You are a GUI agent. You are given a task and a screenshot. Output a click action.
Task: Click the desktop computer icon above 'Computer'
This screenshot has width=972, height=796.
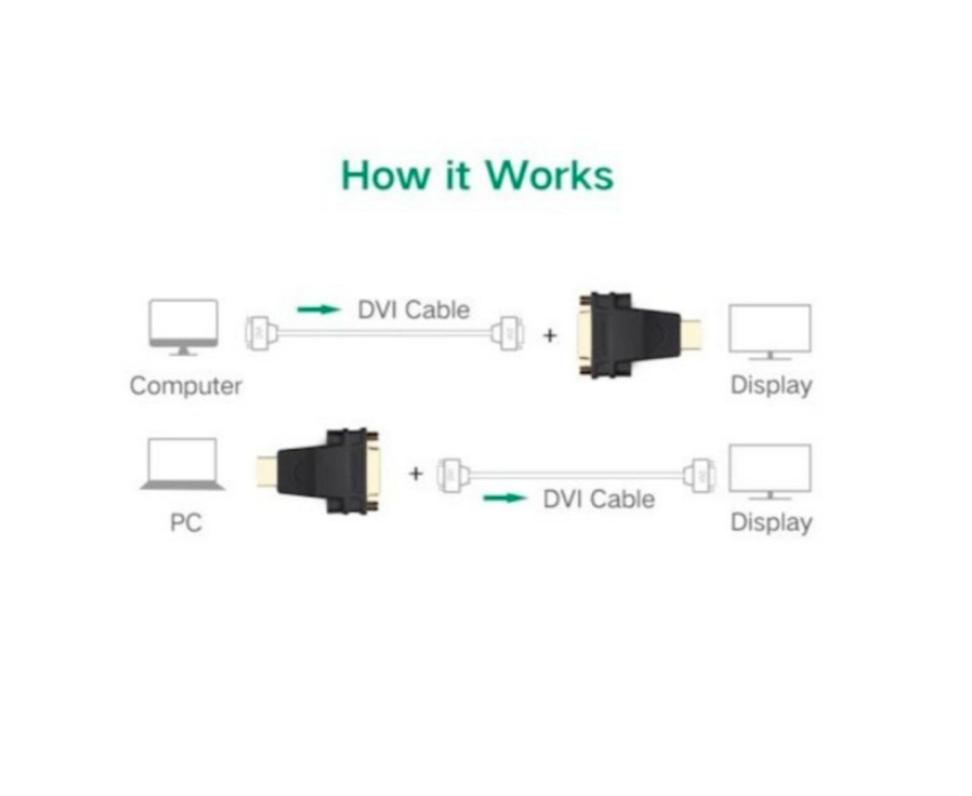point(183,327)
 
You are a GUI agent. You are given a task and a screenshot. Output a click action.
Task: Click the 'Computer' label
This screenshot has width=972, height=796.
point(186,386)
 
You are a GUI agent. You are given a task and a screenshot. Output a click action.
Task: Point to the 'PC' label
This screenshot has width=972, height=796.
point(186,522)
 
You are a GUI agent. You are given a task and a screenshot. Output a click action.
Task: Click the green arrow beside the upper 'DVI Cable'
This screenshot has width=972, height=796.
point(319,310)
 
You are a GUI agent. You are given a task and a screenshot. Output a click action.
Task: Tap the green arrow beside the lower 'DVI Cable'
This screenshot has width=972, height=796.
point(505,498)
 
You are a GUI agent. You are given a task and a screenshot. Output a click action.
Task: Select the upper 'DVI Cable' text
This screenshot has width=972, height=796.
point(413,310)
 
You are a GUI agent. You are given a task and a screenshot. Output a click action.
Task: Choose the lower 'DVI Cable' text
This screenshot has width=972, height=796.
point(598,499)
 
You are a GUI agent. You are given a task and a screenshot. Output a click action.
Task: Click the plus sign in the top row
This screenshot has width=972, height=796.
point(550,336)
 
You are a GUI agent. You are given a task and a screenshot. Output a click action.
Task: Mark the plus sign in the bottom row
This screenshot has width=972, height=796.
point(416,474)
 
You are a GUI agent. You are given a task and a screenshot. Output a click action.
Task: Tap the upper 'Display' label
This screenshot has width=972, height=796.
point(771,385)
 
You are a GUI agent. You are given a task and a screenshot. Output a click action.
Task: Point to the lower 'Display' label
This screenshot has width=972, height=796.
point(771,522)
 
